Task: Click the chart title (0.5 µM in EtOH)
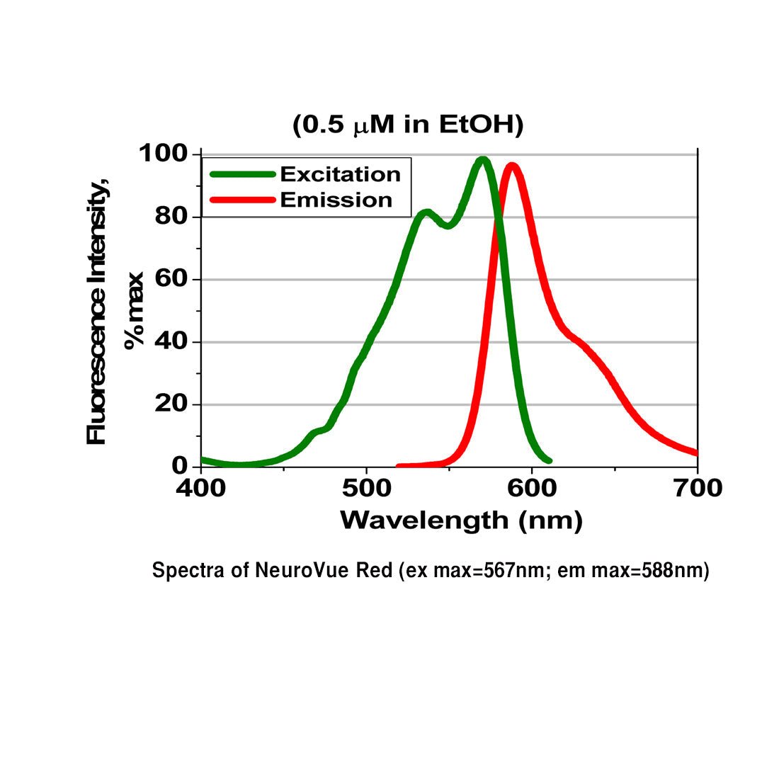408,125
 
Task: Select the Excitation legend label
340,174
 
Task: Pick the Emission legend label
336,200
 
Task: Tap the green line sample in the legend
241,174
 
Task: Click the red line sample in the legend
241,200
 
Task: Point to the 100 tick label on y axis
162,154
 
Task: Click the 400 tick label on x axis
202,488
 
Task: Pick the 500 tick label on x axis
366,488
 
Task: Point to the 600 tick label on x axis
531,488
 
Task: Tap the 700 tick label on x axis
697,488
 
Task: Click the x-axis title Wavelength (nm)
461,521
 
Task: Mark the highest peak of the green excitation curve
482,161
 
